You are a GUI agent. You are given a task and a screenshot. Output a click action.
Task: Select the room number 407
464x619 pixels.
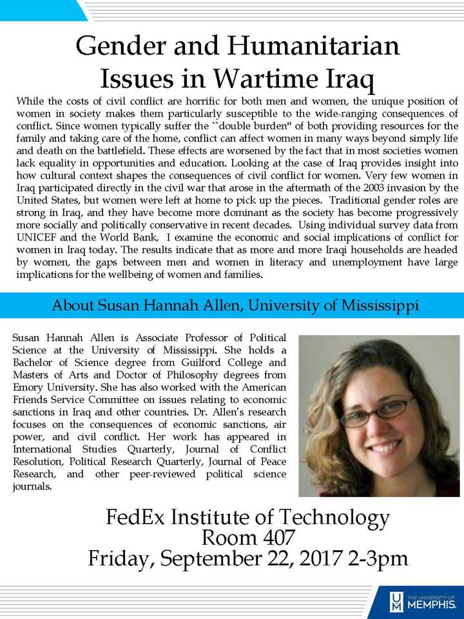coord(261,537)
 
